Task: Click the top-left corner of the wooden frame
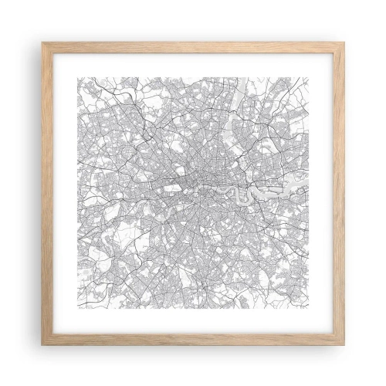(42, 42)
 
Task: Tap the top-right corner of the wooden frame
(344, 42)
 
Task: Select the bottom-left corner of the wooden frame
(42, 344)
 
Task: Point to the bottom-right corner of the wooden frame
(344, 344)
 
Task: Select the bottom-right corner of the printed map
(310, 310)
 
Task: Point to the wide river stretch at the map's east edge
(297, 185)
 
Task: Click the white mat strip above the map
(193, 63)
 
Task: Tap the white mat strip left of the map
(63, 193)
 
